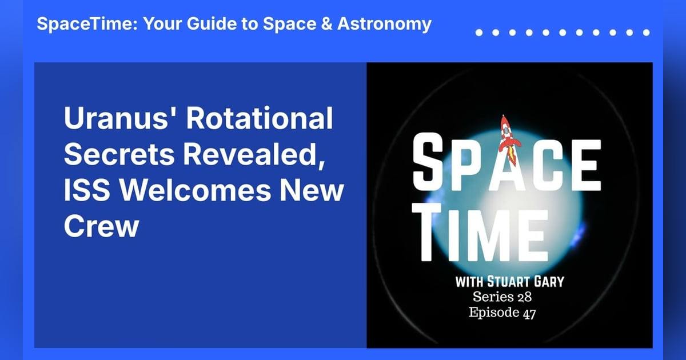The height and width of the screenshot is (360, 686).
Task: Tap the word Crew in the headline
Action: (101, 226)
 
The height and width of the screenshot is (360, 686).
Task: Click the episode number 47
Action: (527, 313)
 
